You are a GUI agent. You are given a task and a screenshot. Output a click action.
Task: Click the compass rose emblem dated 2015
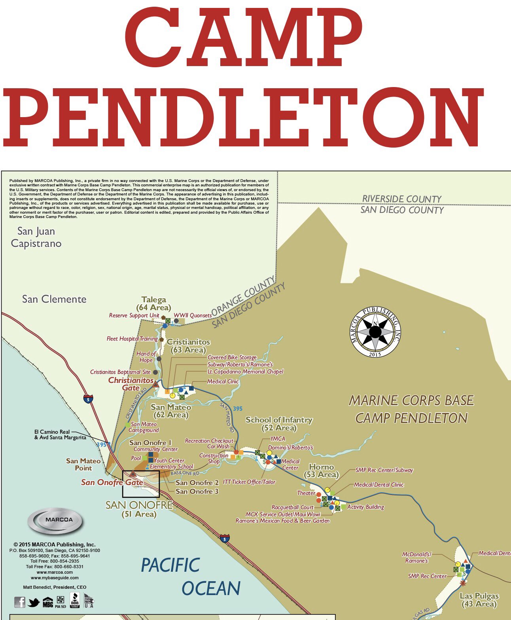[x=375, y=332]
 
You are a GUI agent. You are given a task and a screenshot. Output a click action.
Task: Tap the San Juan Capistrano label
[x=36, y=237]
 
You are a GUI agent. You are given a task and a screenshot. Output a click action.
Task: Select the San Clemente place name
[x=54, y=299]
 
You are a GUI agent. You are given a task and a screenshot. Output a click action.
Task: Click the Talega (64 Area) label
[x=154, y=303]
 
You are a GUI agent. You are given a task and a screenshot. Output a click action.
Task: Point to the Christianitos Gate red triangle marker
[x=156, y=384]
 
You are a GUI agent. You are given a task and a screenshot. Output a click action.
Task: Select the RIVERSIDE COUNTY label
[x=402, y=199]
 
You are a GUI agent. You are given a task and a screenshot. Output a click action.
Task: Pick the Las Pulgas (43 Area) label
[x=479, y=600]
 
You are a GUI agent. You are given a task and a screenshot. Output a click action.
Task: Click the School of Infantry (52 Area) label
[x=279, y=423]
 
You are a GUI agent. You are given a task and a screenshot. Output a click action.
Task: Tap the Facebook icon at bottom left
[x=19, y=602]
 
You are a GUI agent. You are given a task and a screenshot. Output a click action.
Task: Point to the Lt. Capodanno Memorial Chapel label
[x=245, y=372]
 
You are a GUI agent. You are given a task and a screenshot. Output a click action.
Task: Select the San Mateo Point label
[x=83, y=464]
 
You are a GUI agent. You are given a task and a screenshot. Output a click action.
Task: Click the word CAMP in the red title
[x=243, y=38]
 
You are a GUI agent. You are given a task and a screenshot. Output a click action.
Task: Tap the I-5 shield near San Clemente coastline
[x=89, y=398]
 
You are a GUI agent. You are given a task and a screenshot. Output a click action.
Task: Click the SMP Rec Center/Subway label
[x=384, y=470]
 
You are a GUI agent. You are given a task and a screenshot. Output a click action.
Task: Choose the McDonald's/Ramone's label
[x=416, y=557]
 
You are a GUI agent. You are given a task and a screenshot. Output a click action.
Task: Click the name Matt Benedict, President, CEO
[x=55, y=587]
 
